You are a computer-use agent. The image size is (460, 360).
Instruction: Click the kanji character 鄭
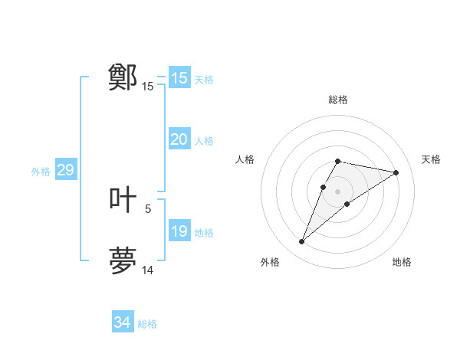click(x=123, y=77)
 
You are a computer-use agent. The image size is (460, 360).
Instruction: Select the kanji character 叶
click(x=123, y=200)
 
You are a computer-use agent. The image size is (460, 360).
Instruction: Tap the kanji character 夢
click(x=123, y=260)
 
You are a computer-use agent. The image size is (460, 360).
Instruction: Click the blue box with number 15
click(x=179, y=78)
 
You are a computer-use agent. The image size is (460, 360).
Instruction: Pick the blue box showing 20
click(x=179, y=139)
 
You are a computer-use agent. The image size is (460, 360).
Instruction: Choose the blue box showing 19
click(x=179, y=231)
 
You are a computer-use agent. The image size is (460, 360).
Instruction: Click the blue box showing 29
click(x=65, y=170)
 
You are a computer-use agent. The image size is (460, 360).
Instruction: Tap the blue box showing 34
click(x=122, y=322)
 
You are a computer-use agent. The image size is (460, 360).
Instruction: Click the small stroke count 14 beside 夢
click(x=148, y=270)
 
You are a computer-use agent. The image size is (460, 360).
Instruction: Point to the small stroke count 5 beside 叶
click(x=148, y=208)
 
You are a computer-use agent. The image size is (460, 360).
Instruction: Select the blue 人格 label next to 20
click(x=204, y=141)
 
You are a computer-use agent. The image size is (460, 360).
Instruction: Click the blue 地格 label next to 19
click(x=204, y=233)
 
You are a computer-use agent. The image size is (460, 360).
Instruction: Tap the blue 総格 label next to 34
click(x=147, y=324)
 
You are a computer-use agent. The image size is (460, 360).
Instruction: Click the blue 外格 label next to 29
click(x=41, y=172)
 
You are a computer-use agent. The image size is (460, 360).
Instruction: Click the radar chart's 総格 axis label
click(x=337, y=100)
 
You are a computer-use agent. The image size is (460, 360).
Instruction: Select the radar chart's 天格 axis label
click(x=431, y=159)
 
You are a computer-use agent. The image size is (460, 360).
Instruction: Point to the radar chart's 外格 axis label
click(x=270, y=262)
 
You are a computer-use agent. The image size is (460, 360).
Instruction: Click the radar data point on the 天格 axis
click(x=396, y=172)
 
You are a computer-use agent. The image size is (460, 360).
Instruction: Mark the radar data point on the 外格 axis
click(x=302, y=241)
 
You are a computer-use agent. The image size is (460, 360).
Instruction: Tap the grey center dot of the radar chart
click(x=337, y=191)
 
